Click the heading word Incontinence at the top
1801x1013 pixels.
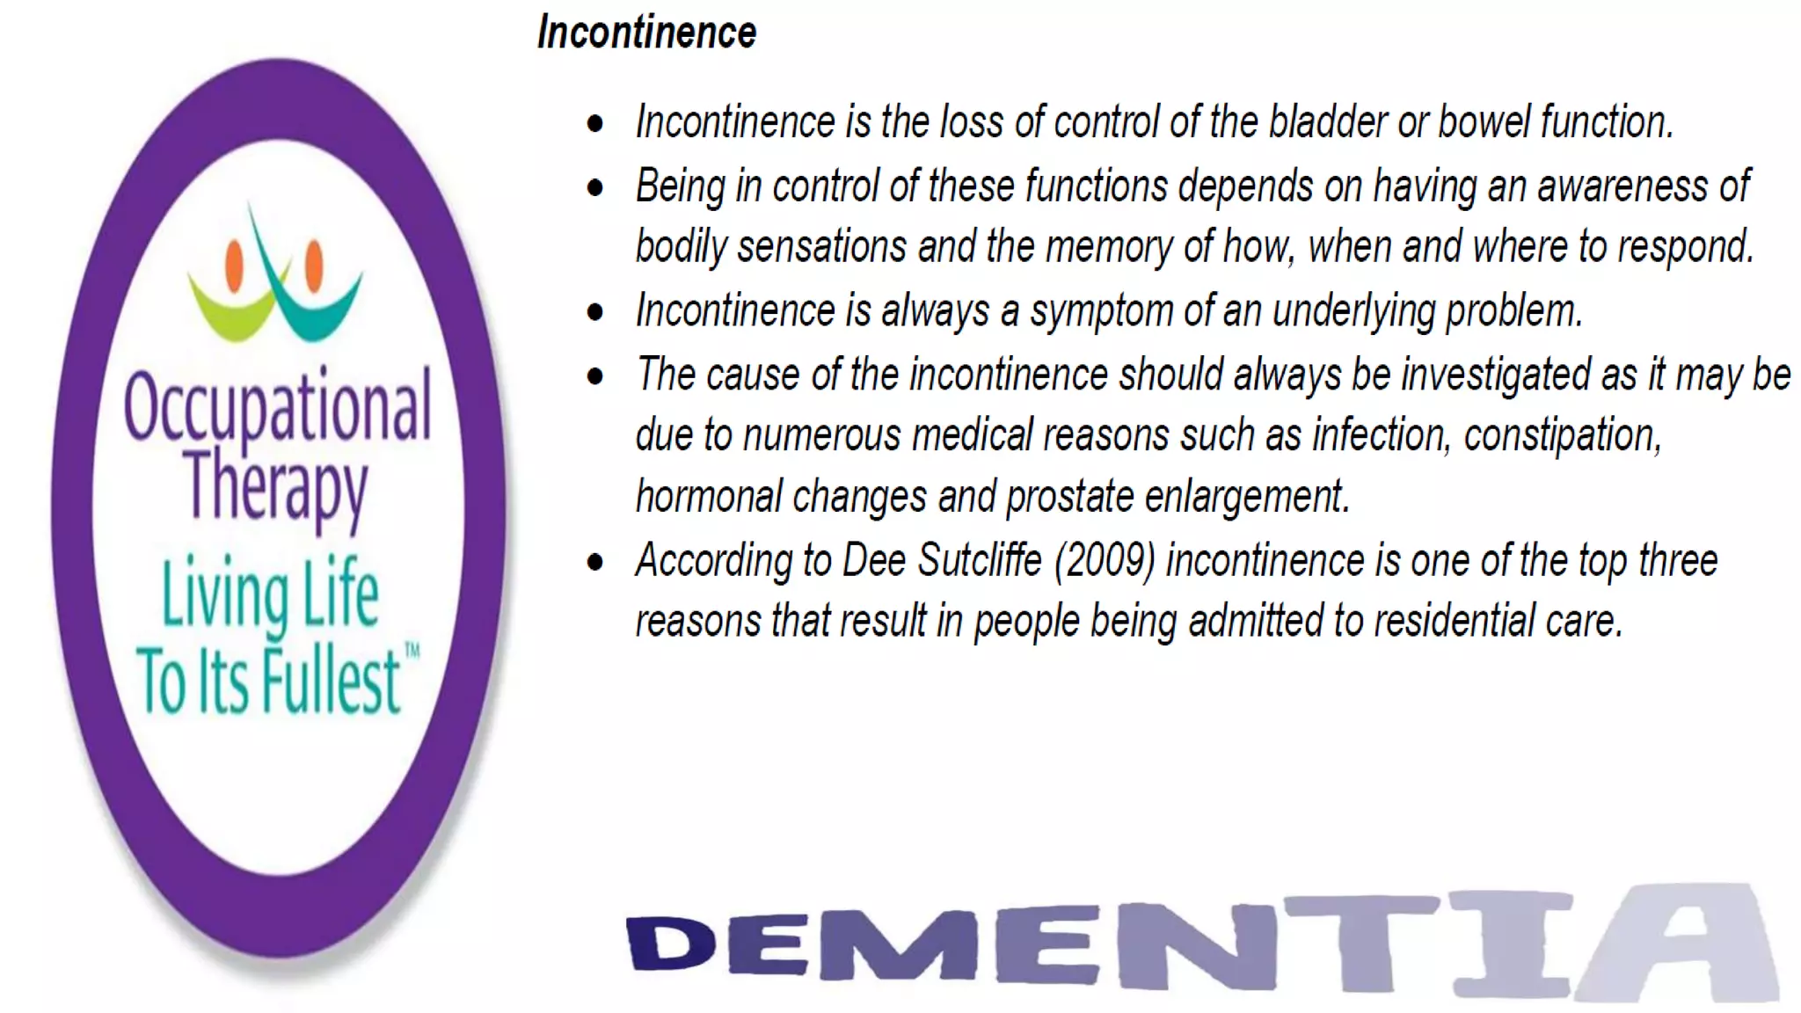(x=646, y=33)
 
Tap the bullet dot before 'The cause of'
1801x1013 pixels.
(x=595, y=376)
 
